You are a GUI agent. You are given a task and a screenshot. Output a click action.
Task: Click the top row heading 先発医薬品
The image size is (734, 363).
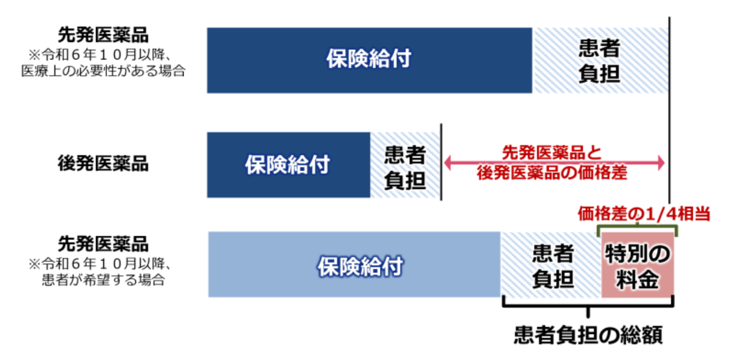coord(103,35)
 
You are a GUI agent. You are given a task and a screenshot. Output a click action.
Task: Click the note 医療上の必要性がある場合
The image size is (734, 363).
coord(103,71)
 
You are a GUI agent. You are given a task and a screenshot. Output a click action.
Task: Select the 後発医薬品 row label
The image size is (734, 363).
coord(103,163)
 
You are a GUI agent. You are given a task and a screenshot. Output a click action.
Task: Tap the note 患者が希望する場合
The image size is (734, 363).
coord(103,280)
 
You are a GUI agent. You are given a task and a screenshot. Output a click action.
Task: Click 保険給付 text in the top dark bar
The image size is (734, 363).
coord(369,59)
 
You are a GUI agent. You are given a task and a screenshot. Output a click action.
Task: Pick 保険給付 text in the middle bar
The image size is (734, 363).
coord(287,165)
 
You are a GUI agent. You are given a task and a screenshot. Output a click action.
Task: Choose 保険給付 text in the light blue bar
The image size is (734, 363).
coord(360,266)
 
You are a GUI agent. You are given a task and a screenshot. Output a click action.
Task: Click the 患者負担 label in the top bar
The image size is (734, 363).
coord(599,61)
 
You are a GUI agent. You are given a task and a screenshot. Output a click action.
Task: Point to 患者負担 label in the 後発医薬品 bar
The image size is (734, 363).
coord(405,168)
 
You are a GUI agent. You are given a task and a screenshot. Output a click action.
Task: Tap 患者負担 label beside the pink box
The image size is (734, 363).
coord(553,266)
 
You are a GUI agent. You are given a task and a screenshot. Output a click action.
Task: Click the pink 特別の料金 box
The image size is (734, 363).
coord(637,265)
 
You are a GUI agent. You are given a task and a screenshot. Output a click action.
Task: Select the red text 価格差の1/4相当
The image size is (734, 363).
coord(644,214)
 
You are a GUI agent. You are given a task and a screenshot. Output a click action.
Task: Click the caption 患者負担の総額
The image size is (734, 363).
coord(588,335)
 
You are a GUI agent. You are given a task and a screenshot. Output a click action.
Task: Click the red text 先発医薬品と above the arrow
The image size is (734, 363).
coord(552,152)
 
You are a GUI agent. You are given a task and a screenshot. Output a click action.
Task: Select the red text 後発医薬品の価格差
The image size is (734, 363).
coord(552,173)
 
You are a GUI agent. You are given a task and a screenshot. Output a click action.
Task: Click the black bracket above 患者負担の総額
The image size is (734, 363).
coord(588,305)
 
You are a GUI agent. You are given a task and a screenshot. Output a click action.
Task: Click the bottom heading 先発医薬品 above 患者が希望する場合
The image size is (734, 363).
coord(103,244)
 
